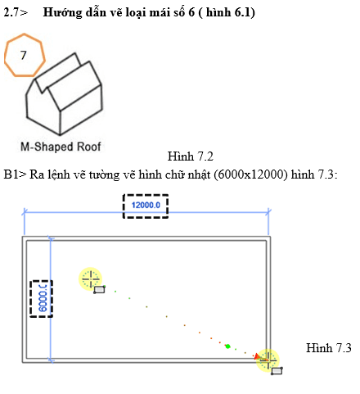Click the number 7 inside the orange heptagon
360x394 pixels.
(24, 56)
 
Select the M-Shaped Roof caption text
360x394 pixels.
(61, 147)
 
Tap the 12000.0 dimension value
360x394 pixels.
(146, 206)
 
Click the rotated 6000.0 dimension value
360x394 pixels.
(43, 298)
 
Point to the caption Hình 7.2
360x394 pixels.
(191, 156)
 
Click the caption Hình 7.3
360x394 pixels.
(329, 348)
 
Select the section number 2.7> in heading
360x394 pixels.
(16, 12)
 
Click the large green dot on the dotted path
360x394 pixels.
(228, 346)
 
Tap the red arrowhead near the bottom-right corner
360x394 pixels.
(257, 356)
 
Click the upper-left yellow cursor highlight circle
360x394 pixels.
(90, 279)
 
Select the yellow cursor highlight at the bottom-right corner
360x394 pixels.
(268, 360)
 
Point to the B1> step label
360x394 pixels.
(15, 174)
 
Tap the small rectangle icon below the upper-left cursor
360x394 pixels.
(99, 289)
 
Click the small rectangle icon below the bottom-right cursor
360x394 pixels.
(277, 371)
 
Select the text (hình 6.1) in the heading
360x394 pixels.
(227, 13)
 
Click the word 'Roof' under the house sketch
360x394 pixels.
(89, 147)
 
